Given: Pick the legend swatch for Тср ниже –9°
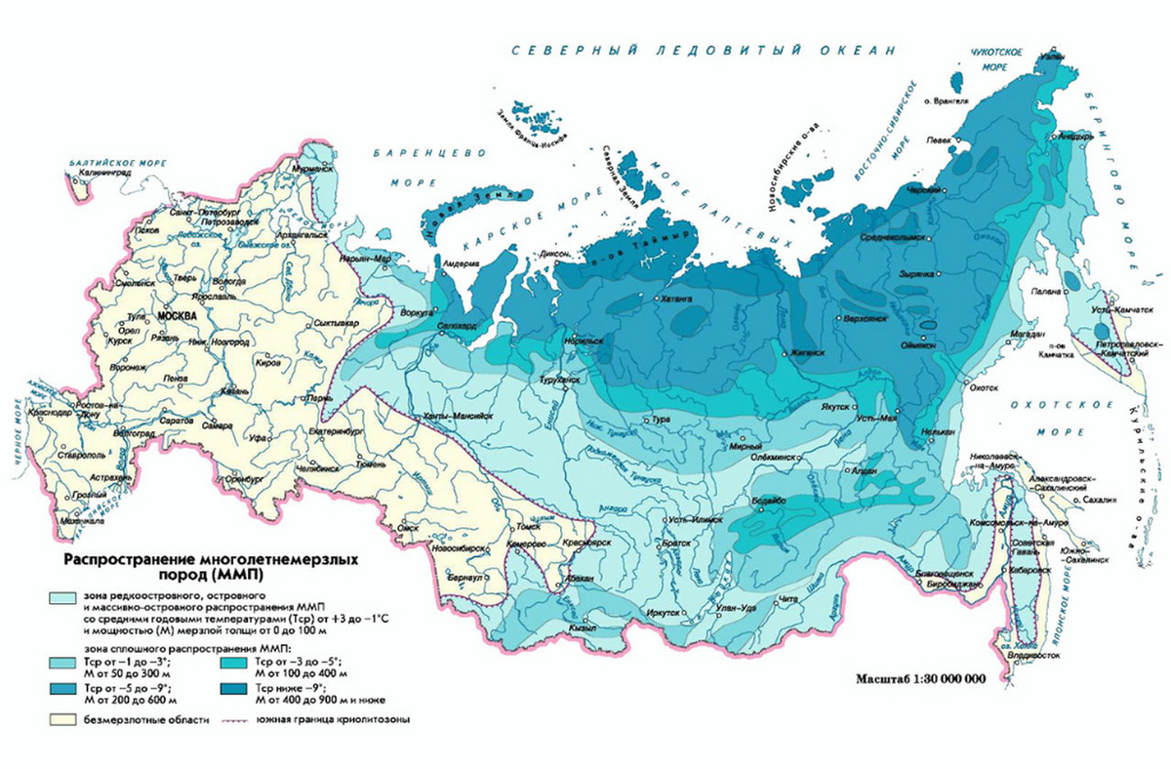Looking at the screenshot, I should point(234,689).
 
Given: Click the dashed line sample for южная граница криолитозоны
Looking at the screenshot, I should point(234,721).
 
